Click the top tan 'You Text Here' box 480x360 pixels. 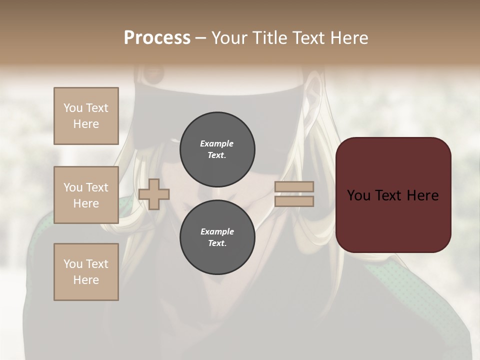[86, 116]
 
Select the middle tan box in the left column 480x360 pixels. [86, 195]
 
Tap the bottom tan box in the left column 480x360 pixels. [86, 272]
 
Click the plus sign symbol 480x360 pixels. [154, 194]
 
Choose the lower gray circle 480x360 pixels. [217, 237]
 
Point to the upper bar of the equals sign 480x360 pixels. [294, 186]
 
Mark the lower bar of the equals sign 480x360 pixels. [294, 201]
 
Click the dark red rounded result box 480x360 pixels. [393, 194]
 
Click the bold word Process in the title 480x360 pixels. [157, 38]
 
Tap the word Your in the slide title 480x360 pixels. [229, 38]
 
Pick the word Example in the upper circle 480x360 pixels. [217, 143]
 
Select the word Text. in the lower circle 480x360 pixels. [217, 243]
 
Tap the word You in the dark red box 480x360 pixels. [358, 195]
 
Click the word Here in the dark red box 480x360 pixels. [422, 195]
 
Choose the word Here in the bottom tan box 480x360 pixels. [86, 280]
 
